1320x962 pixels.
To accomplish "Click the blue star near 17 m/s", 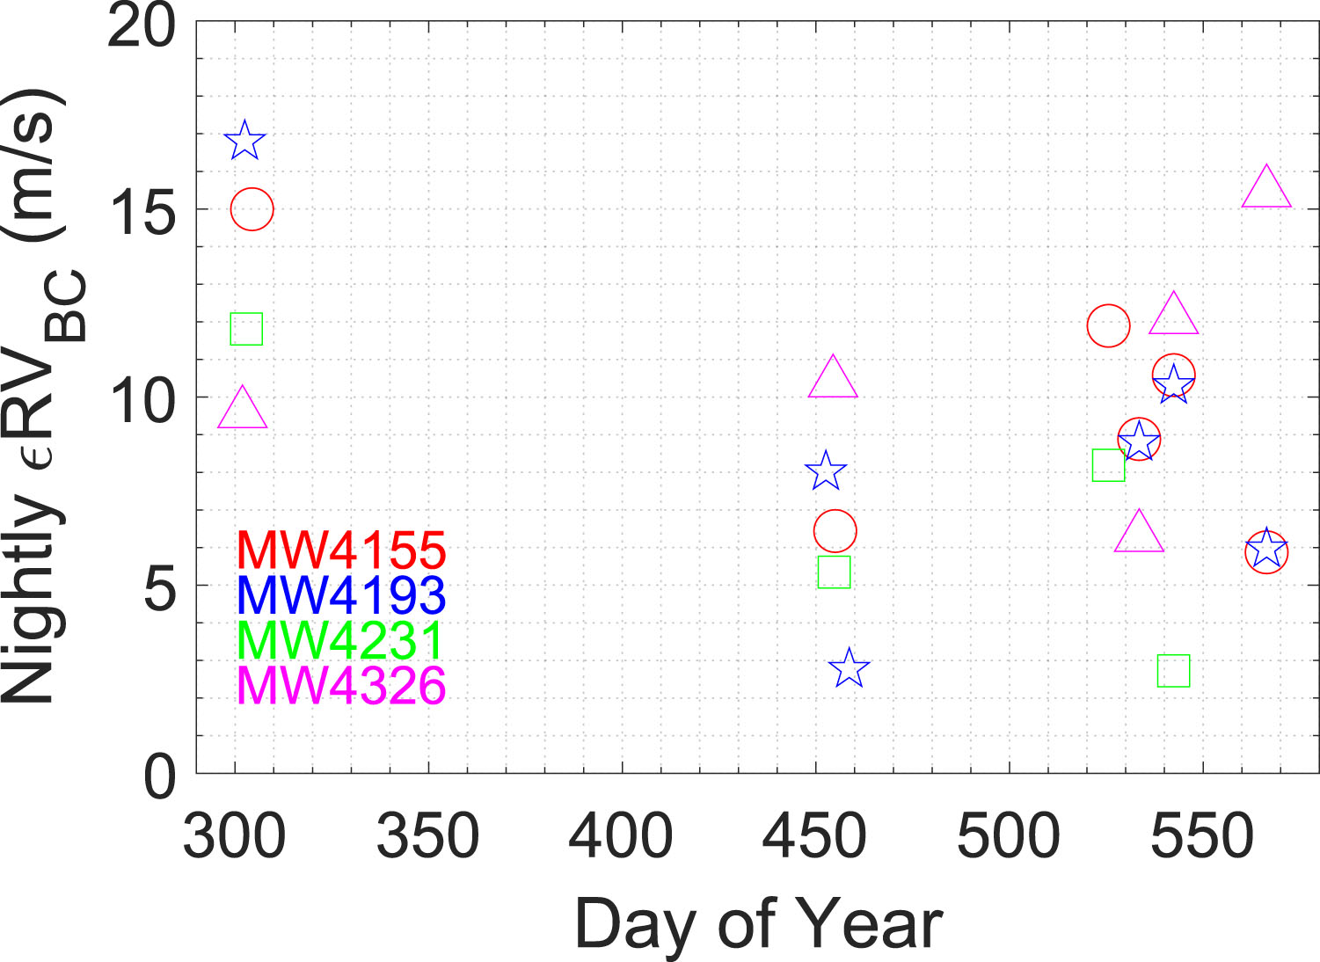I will click(244, 141).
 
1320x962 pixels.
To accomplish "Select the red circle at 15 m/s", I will click(252, 209).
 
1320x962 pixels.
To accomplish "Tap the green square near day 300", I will click(246, 329).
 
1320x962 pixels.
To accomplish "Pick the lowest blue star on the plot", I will click(849, 668).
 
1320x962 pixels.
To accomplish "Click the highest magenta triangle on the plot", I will click(1266, 187).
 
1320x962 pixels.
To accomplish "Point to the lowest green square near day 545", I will click(1173, 671).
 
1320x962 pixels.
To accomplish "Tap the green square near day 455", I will click(834, 572).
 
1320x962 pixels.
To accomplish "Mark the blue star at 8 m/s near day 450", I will click(825, 471).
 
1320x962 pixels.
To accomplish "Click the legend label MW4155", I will click(341, 550).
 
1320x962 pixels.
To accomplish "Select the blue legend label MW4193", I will click(341, 595).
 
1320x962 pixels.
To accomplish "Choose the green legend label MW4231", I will click(341, 640).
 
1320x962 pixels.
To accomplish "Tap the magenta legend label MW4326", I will click(341, 685).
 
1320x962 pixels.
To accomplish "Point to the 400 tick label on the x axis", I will click(621, 836).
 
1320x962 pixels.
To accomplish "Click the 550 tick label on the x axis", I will click(1201, 836).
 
